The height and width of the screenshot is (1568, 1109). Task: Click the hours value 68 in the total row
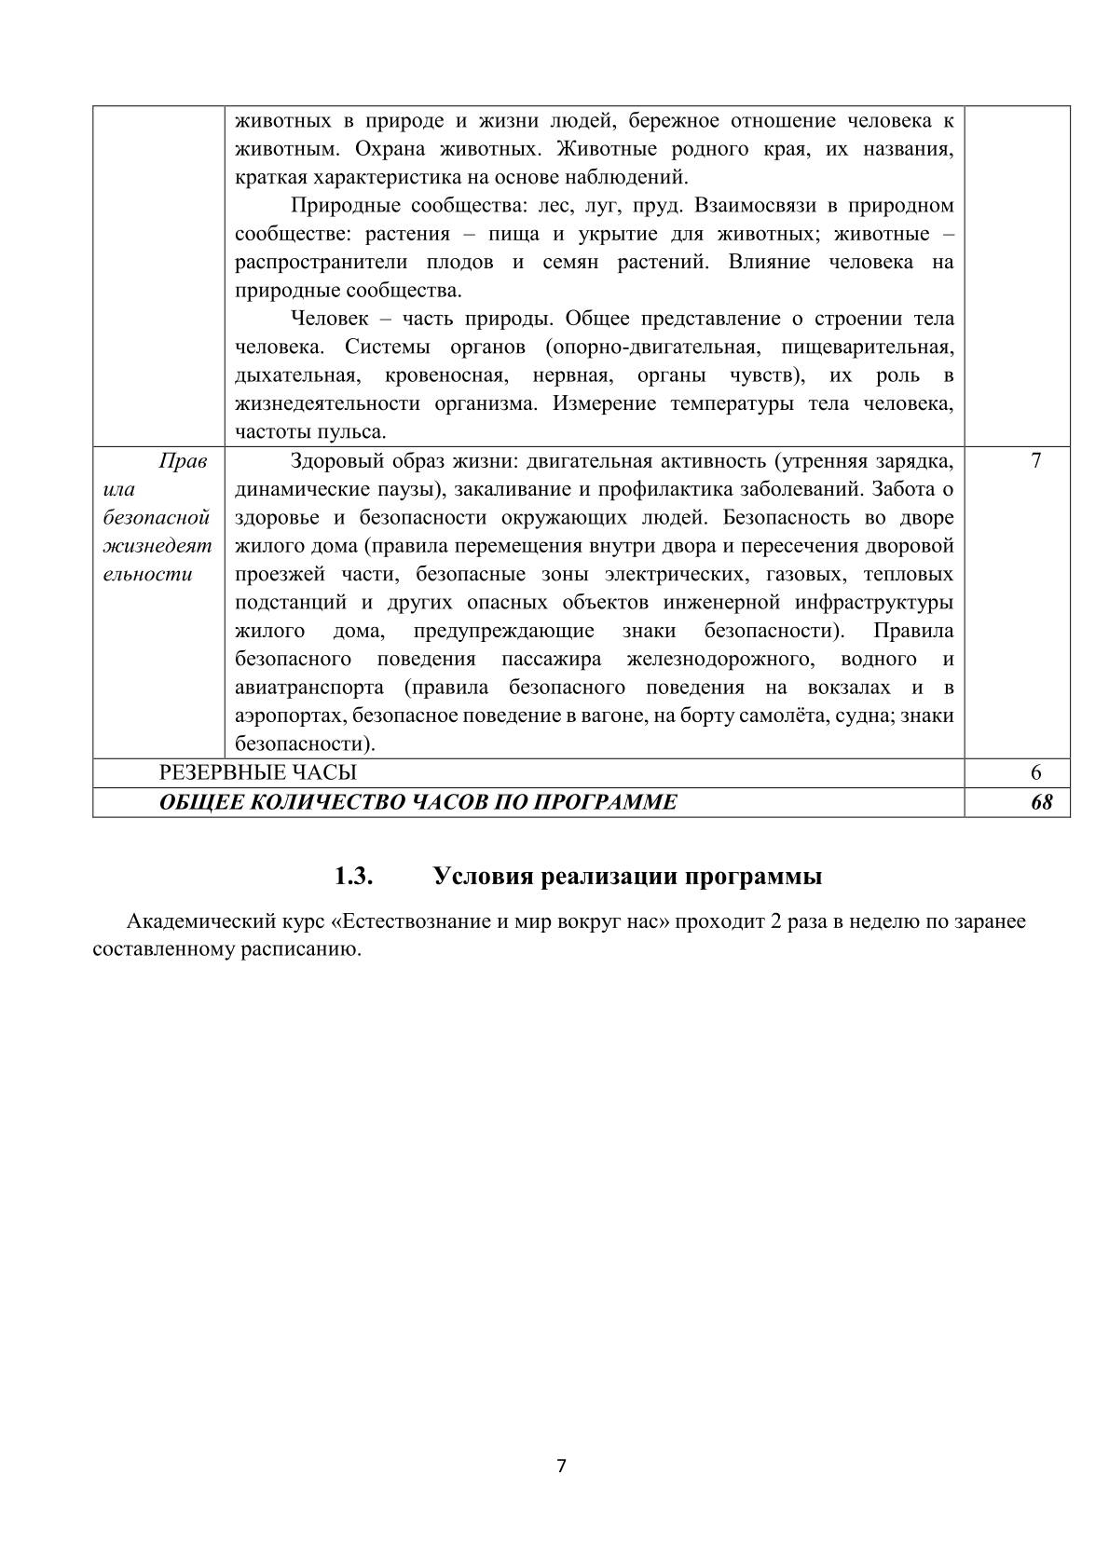click(x=1041, y=802)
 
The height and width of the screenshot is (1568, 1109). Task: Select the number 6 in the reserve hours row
click(x=1036, y=772)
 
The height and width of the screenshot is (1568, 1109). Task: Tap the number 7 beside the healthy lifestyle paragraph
click(x=1036, y=460)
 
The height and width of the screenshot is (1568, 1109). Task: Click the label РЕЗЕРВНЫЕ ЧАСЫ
click(x=257, y=772)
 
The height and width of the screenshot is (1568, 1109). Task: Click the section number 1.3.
click(x=354, y=877)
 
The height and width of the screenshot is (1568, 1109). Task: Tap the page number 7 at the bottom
click(x=561, y=1466)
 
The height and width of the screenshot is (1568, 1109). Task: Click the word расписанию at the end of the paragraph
click(x=310, y=950)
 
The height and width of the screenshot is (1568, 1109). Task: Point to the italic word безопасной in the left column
click(x=156, y=517)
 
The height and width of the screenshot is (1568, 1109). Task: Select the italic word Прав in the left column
click(x=183, y=460)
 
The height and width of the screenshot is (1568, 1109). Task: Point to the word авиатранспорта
click(x=309, y=688)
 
